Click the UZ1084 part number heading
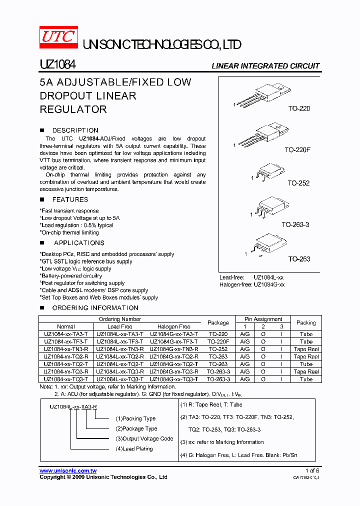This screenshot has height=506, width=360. coord(57,65)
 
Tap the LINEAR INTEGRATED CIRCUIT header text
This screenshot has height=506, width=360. coord(265,66)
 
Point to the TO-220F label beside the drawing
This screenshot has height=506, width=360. coord(297,149)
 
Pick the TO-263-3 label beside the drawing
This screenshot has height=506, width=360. coord(295,225)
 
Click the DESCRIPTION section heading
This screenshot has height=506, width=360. coord(75,130)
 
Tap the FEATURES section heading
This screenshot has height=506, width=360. coord(70,199)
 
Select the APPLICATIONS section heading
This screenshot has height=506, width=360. coord(79,243)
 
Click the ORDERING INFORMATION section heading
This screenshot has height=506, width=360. coord(95,308)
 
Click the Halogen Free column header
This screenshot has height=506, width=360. coord(173,326)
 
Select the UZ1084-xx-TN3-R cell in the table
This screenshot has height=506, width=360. coord(65,349)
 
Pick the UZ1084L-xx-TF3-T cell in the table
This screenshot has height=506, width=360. coord(119,341)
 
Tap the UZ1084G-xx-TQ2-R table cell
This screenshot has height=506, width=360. coord(173,356)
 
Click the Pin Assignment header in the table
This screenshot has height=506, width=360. coord(263,319)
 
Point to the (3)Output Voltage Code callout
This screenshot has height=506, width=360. coord(144,438)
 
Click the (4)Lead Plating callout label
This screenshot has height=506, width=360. coord(134,448)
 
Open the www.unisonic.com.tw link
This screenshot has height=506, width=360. coord(68,471)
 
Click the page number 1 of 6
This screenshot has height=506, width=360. coord(312,471)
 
